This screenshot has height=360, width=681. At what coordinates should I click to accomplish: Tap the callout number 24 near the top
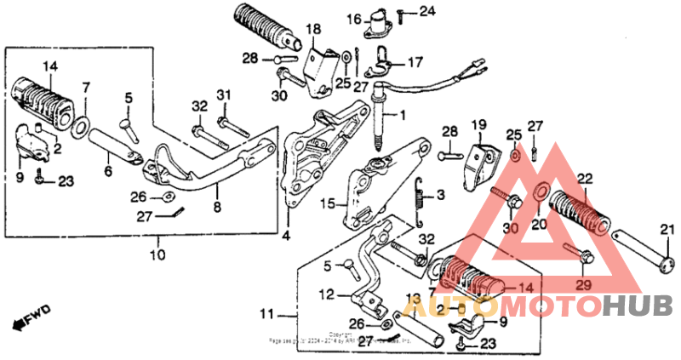coord(426,11)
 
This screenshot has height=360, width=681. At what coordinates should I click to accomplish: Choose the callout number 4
coord(287,235)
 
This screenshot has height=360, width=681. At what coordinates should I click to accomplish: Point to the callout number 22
coord(584,178)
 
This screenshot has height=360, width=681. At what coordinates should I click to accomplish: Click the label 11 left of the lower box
coord(268,315)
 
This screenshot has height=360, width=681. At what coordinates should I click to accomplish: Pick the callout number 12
coord(327,294)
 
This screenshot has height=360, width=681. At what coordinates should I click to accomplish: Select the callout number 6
coord(107,171)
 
